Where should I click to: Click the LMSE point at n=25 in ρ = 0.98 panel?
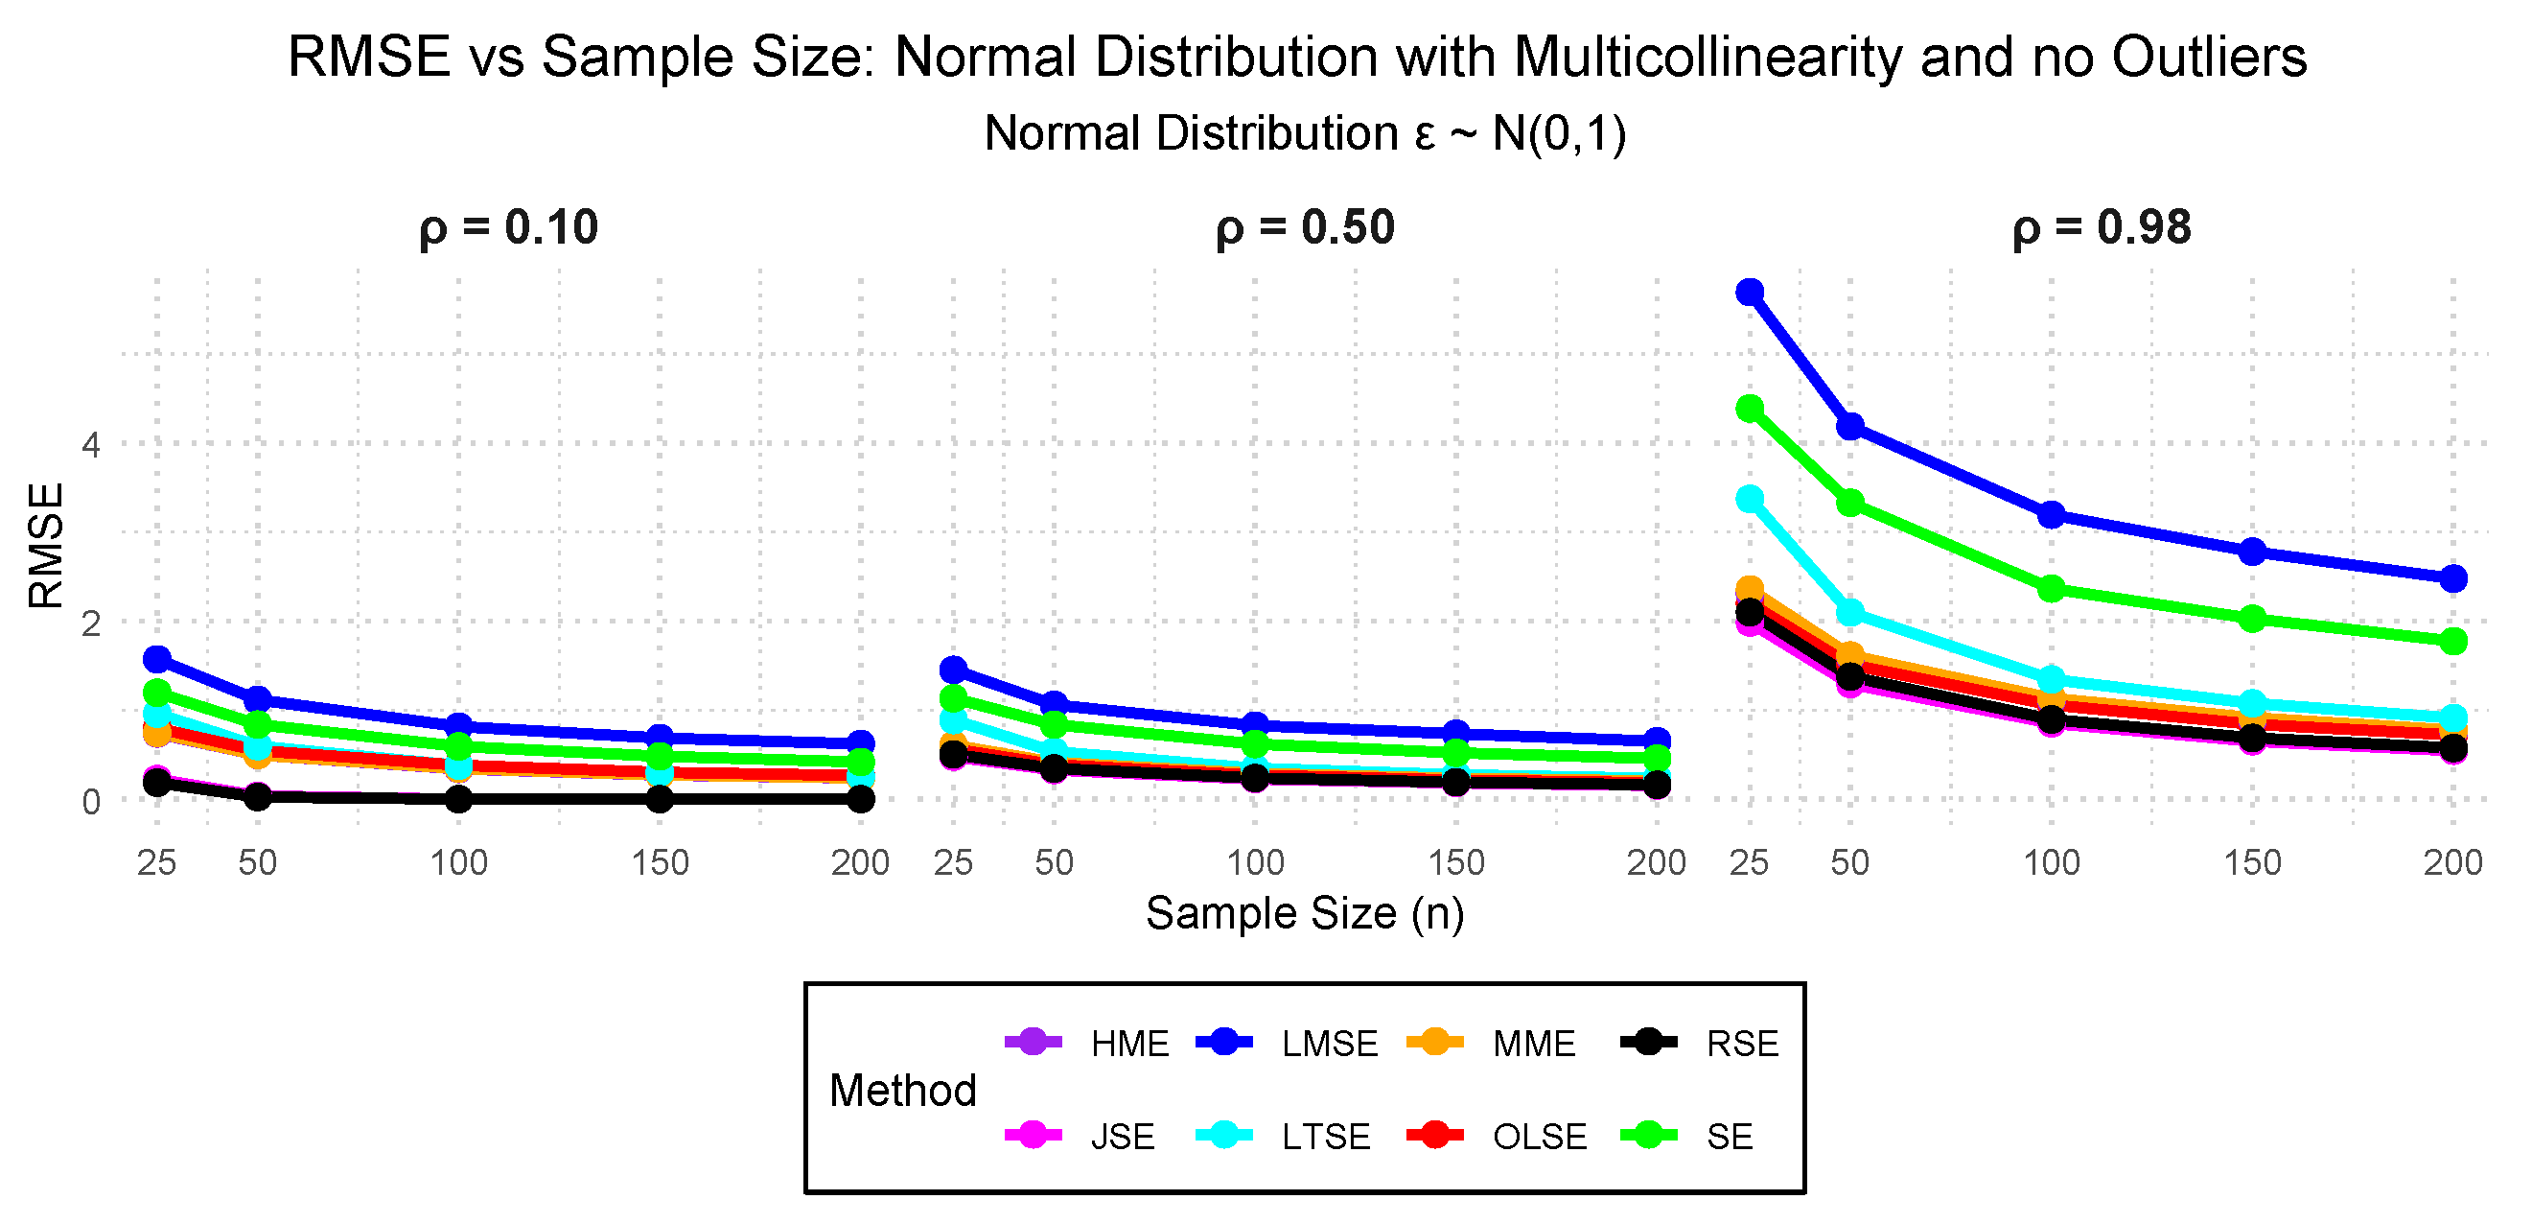pyautogui.click(x=1750, y=292)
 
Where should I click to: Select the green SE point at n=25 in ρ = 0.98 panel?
pyautogui.click(x=1750, y=409)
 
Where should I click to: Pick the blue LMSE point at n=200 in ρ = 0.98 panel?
pyautogui.click(x=2453, y=579)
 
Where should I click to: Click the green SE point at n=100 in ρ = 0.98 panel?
pyautogui.click(x=2052, y=590)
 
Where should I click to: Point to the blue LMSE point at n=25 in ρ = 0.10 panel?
pyautogui.click(x=157, y=659)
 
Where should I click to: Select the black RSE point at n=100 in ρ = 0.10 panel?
pyautogui.click(x=458, y=799)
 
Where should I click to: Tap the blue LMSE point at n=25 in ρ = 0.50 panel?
pyautogui.click(x=953, y=670)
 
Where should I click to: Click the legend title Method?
pyautogui.click(x=902, y=1091)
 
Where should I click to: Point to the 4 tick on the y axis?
pyautogui.click(x=91, y=445)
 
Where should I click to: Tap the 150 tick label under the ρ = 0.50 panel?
pyautogui.click(x=1455, y=863)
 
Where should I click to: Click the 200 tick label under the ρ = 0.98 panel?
pyautogui.click(x=2452, y=863)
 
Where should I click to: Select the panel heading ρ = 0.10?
pyautogui.click(x=508, y=228)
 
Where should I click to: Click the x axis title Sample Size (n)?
pyautogui.click(x=1304, y=913)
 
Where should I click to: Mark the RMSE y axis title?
pyautogui.click(x=45, y=546)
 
